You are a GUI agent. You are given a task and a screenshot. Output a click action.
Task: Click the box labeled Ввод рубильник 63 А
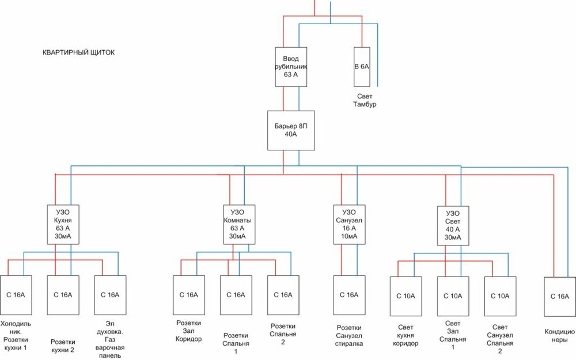291,67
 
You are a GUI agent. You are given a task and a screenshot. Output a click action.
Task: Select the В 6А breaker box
362,67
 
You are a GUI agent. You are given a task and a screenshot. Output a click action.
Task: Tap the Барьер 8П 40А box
291,130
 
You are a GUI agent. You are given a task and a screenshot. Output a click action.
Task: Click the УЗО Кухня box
63,224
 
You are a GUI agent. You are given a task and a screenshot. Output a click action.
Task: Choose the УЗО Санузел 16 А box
350,224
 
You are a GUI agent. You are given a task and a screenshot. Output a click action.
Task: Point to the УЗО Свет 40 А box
453,225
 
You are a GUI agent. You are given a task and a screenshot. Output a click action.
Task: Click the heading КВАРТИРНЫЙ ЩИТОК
79,52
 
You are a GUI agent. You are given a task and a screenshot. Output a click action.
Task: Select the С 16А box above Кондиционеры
560,296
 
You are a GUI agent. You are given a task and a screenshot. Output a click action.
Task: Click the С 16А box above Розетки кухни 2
63,295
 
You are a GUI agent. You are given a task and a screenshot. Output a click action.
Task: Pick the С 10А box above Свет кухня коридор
406,296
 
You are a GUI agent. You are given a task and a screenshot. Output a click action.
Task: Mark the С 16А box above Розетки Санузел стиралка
350,295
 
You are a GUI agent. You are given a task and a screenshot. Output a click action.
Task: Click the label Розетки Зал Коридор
189,331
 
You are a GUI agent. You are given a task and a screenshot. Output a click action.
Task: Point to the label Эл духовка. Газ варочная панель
110,340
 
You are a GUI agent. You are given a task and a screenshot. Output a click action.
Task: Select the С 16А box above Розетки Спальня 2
283,295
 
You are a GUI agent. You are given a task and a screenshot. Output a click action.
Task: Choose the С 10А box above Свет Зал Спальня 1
453,296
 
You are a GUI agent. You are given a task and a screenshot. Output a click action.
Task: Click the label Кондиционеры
560,336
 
